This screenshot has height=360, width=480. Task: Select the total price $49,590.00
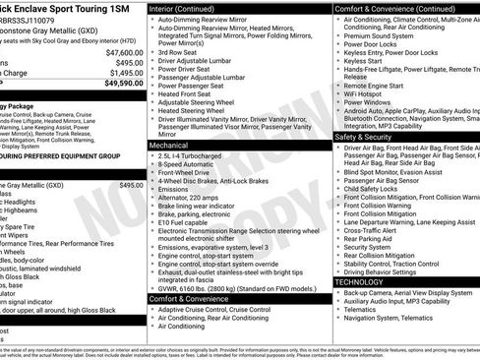pyautogui.click(x=121, y=84)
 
